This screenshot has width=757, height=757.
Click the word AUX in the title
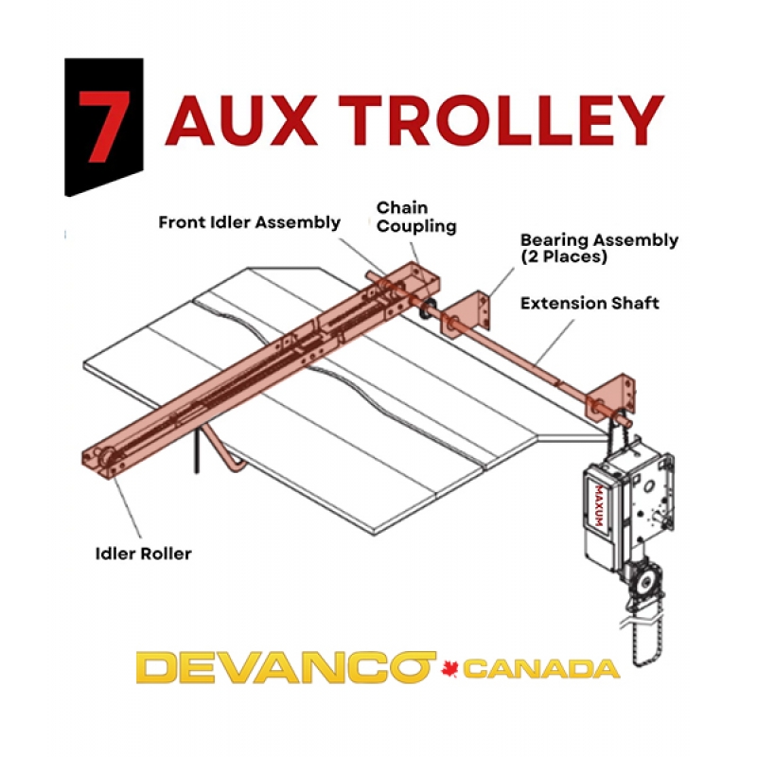pos(241,121)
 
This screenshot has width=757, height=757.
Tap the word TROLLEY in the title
pos(502,121)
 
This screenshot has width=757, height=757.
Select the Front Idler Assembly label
pos(249,222)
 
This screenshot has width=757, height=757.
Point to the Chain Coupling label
pos(416,218)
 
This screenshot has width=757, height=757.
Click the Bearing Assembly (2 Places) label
pos(599,248)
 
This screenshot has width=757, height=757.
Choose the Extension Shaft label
pos(590,303)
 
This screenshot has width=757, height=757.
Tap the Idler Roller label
pos(144,554)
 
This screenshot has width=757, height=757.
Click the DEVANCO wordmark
pos(286,667)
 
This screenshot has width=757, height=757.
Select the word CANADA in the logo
pos(541,669)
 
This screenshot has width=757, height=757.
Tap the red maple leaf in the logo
pos(449,669)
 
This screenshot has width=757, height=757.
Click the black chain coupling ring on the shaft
pos(428,308)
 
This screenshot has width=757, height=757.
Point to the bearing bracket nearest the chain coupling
pos(466,313)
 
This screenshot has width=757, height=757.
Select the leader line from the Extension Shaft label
pos(555,342)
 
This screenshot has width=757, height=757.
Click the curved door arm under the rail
pos(223,448)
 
